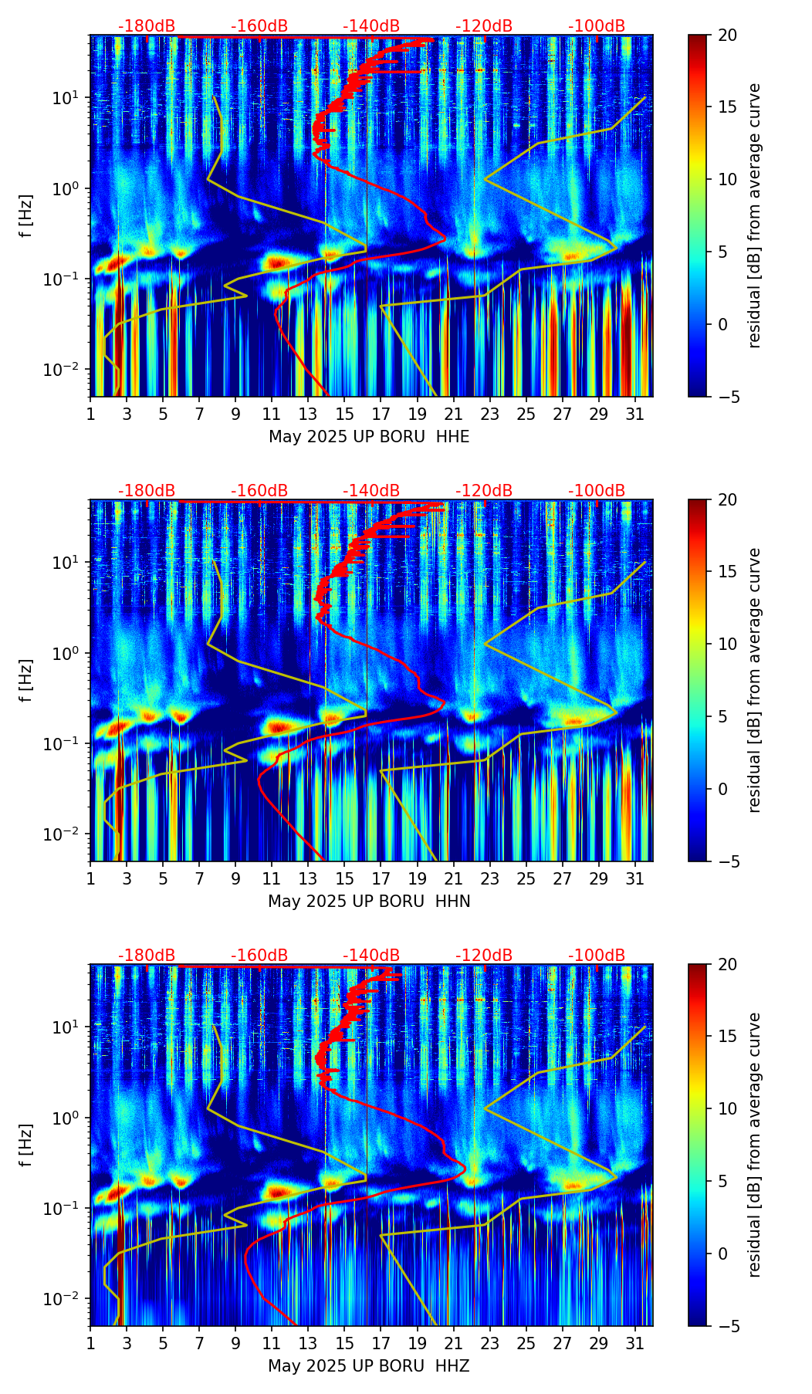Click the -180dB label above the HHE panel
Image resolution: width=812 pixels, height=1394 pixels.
pos(147,26)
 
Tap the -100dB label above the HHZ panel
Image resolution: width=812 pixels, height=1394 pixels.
pos(597,956)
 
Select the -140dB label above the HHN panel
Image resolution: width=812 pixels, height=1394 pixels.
pos(371,491)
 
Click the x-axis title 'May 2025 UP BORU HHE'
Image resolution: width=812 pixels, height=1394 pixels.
pos(369,437)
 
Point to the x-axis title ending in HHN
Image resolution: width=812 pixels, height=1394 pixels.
pos(369,902)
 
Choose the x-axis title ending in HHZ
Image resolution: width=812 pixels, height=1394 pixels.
pos(369,1366)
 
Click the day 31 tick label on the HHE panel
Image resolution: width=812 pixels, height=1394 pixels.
pos(635,414)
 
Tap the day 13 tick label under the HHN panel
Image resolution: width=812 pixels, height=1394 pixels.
pos(308,879)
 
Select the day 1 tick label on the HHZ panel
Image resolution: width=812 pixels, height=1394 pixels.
pos(91,1344)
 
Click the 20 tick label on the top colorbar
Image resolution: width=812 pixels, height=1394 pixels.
pos(727,36)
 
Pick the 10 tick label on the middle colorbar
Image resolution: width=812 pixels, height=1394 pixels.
pos(727,644)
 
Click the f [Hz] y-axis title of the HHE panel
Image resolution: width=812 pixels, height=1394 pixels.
pos(26,216)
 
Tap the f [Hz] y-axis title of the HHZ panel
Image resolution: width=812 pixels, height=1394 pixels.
pos(26,1145)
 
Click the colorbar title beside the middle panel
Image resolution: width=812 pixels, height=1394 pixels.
pos(754,680)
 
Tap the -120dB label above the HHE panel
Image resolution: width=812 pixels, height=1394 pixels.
pos(484,26)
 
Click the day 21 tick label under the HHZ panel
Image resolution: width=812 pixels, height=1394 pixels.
pos(453,1344)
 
